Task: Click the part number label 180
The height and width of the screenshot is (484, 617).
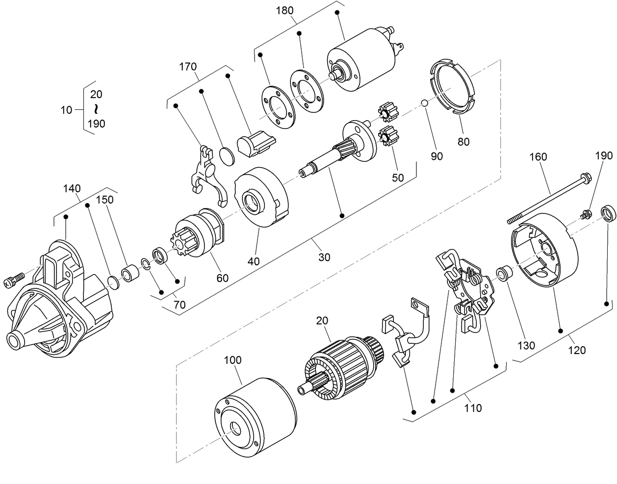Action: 285,10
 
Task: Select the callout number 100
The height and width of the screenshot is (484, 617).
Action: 232,360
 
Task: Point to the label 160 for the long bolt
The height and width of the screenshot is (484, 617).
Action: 538,157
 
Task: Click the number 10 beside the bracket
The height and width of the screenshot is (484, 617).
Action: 66,110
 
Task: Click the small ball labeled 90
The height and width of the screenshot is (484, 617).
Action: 425,103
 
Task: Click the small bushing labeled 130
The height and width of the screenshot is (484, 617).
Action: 503,273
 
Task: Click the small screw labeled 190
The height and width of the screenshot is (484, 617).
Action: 585,215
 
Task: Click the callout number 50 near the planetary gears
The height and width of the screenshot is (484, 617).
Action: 398,178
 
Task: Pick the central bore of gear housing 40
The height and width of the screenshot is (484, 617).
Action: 252,203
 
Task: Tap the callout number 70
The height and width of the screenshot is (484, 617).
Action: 180,305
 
